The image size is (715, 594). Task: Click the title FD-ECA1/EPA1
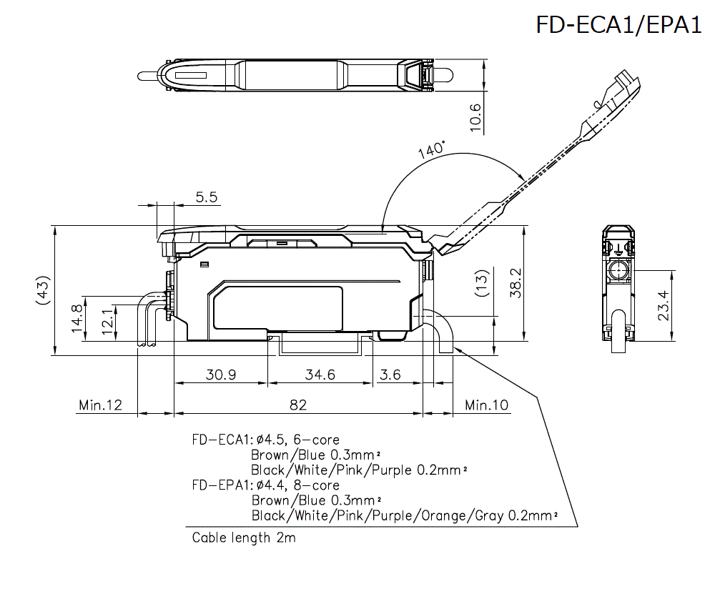(618, 25)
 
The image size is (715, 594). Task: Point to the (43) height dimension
(43, 289)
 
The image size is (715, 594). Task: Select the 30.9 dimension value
(221, 375)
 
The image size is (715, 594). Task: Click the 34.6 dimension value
(320, 375)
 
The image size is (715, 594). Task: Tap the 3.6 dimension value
(390, 375)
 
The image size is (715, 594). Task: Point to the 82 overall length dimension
(298, 405)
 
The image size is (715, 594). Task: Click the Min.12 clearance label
(100, 405)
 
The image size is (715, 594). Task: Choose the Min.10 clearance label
(486, 405)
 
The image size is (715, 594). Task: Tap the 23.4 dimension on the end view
(664, 305)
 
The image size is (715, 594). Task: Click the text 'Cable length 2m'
(243, 538)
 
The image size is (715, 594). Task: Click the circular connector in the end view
(617, 271)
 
